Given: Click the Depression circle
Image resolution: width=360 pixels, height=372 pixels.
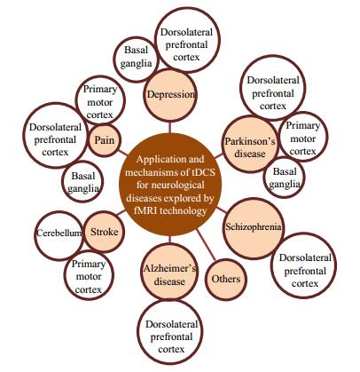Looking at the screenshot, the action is pos(170,95).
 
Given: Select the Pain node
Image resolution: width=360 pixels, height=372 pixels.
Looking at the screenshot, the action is pos(105,139).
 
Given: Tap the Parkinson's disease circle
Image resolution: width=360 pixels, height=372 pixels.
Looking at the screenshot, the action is pos(250,144).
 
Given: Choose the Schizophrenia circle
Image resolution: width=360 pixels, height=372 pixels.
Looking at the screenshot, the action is pos(253,228).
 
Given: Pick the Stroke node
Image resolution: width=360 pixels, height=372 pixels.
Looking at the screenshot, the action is pos(104,232).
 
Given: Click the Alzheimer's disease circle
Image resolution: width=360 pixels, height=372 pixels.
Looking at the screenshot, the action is pos(169,273).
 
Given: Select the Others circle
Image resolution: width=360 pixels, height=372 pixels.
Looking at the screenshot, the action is pos(226,279).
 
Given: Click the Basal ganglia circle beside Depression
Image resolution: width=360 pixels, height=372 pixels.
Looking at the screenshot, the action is pos(137,59).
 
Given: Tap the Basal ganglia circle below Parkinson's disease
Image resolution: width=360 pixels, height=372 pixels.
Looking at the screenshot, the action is pos(284,178).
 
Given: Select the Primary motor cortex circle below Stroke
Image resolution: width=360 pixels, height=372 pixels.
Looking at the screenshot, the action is pos(89,275).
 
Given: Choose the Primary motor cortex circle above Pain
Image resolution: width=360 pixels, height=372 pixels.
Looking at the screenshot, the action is pos(100,101).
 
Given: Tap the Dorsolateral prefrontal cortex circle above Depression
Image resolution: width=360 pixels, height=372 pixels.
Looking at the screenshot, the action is pos(187,40).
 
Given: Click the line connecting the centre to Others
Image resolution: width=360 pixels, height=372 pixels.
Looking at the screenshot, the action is pos(206,246).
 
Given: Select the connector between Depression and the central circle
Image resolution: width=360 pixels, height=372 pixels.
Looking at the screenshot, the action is pos(170,127).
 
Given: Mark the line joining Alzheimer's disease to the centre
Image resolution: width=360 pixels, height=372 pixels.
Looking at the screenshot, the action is pos(170,241).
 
